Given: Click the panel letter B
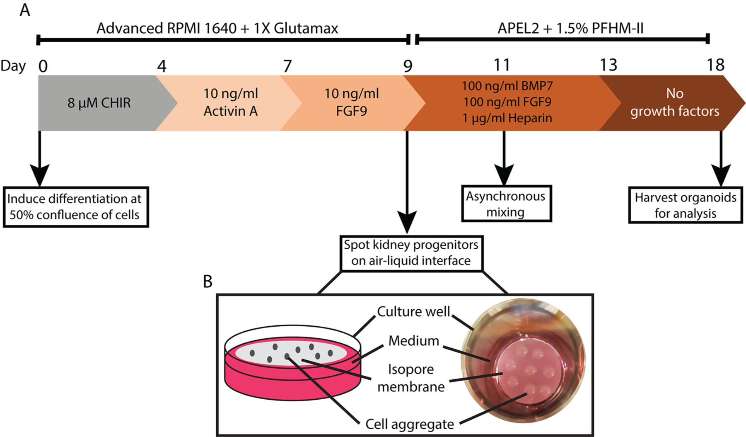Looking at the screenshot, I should click(208, 282).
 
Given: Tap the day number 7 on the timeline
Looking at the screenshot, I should click(287, 66).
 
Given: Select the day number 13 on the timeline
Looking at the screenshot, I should click(608, 65).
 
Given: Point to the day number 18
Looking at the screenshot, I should click(715, 65).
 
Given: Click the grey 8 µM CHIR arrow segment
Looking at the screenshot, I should click(99, 103).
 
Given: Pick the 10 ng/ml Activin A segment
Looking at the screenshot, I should click(230, 102).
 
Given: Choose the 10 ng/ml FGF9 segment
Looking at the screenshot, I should click(351, 102).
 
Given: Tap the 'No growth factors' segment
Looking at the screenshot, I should click(674, 102).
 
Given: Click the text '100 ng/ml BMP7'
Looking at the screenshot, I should click(507, 86).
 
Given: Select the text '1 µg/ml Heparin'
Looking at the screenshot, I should click(507, 118).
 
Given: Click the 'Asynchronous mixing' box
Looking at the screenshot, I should click(506, 204).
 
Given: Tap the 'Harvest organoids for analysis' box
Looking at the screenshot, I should click(685, 205).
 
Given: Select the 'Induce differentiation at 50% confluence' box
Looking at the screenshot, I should click(75, 206).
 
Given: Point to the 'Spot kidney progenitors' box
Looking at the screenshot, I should click(411, 252).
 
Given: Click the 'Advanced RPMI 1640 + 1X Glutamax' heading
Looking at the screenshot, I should click(217, 28).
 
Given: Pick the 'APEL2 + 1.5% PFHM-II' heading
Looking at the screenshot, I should click(570, 28).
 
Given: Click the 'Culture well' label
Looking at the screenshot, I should click(413, 312).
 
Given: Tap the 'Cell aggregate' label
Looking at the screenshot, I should click(409, 424).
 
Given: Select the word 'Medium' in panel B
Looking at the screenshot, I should click(413, 341).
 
